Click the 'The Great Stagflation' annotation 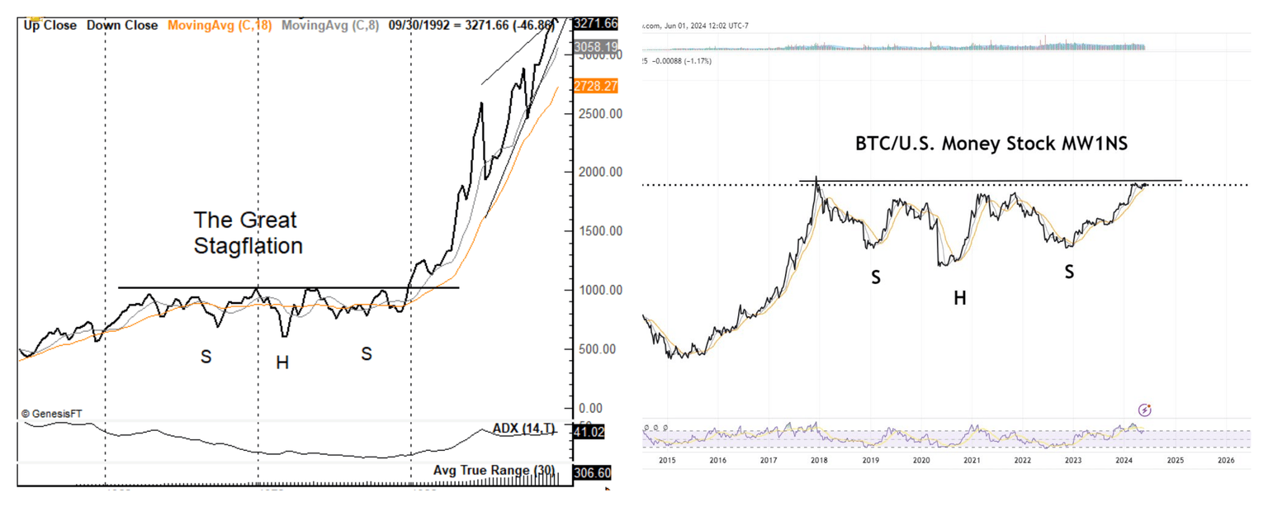coord(248,233)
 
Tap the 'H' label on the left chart coord(282,362)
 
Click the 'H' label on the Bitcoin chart coord(959,298)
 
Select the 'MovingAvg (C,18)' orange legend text coord(220,26)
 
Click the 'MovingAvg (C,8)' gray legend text coord(330,26)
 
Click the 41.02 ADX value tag coord(589,431)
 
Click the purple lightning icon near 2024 coord(1145,410)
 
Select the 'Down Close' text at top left coord(122,26)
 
